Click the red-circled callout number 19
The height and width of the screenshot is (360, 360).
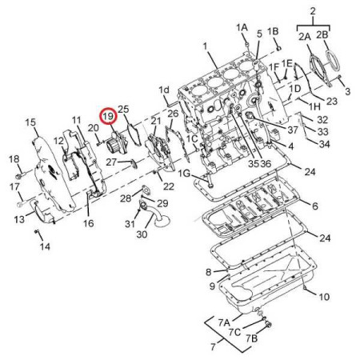(x=109, y=116)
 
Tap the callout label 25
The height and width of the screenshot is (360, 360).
(x=123, y=109)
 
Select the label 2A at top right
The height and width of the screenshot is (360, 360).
(x=304, y=37)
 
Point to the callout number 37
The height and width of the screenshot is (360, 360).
(x=293, y=130)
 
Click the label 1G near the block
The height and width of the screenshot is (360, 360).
(x=184, y=174)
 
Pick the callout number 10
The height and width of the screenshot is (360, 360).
(x=324, y=297)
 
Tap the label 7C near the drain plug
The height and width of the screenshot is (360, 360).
(x=234, y=332)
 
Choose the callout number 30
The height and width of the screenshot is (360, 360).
(x=142, y=234)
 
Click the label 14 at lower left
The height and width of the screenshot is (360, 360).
(x=45, y=246)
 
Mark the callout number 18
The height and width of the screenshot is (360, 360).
(x=14, y=159)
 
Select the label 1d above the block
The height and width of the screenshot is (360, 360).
(x=164, y=90)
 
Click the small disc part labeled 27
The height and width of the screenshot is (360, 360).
(x=133, y=163)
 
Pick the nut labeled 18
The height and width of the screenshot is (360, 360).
(x=20, y=175)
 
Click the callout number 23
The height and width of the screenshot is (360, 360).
(x=332, y=101)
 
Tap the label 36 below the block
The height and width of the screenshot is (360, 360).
(x=266, y=163)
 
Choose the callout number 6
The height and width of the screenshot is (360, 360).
(x=315, y=206)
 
